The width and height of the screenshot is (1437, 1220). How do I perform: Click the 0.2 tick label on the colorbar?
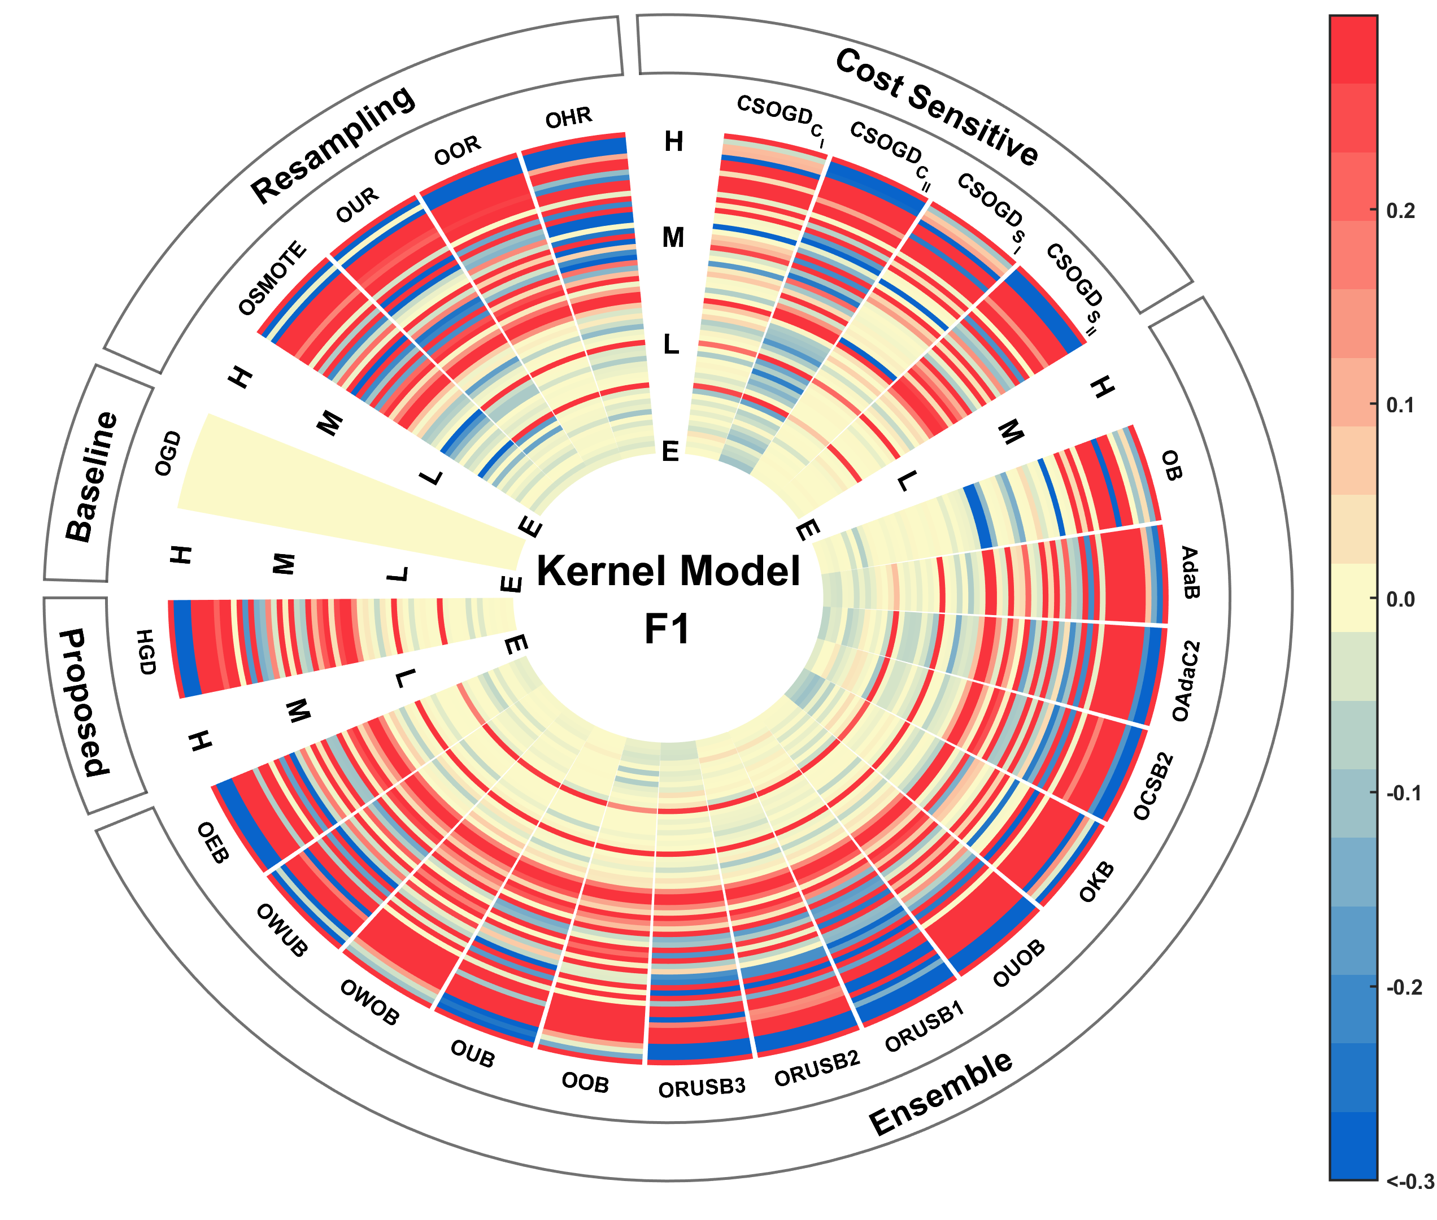pos(1400,211)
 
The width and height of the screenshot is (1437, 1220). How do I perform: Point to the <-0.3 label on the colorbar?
pos(1409,1181)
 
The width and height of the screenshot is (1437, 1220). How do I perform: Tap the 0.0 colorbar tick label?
pos(1400,599)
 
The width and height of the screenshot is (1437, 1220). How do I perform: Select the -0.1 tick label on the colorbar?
pos(1403,793)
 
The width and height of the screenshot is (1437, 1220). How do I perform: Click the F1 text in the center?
pos(667,629)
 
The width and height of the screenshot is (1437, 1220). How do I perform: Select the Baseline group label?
pos(92,477)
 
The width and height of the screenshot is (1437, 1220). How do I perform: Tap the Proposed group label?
pos(84,703)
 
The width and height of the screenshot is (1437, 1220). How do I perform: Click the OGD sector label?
pos(168,454)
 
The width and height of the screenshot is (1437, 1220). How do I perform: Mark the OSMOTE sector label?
pos(272,278)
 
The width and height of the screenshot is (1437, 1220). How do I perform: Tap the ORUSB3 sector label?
pos(701,1088)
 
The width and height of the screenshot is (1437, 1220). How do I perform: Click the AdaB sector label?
pos(1188,572)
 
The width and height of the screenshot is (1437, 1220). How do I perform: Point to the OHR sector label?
pos(568,118)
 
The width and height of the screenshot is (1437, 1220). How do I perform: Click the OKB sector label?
pos(1097,882)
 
